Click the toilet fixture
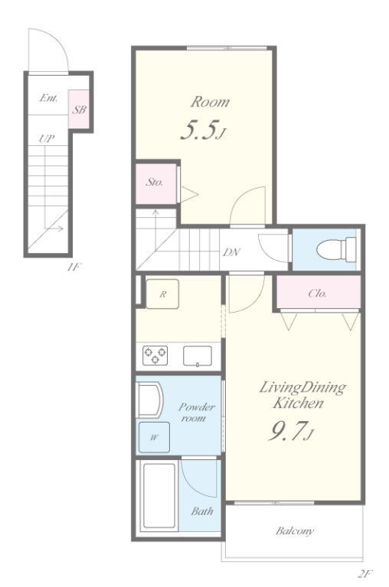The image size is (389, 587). click(336, 249)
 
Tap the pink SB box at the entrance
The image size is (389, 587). click(79, 109)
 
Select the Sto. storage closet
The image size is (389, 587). click(155, 183)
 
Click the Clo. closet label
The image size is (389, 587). click(317, 293)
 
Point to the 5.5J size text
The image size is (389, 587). click(203, 131)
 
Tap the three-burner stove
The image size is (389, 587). click(155, 355)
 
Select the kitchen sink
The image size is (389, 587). click(198, 355)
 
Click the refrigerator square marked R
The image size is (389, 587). click(162, 293)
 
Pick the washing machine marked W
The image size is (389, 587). click(154, 437)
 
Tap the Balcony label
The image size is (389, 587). click(295, 531)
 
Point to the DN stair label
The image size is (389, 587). click(231, 252)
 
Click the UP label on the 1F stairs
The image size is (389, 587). click(47, 139)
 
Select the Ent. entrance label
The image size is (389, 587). click(49, 99)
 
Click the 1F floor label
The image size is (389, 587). click(74, 268)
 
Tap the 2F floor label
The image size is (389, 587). click(365, 573)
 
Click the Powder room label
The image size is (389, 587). click(196, 412)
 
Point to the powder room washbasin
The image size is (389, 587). click(149, 399)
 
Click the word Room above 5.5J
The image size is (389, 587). click(210, 102)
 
